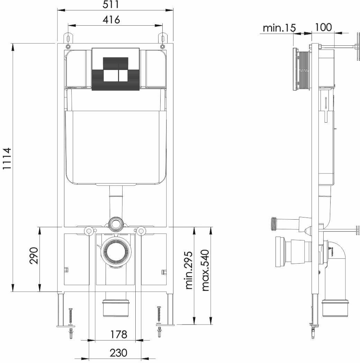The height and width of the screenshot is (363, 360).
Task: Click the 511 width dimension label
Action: coord(111,5)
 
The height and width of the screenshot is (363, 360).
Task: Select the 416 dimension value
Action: coord(111,20)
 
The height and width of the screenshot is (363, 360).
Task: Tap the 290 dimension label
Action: coord(34,256)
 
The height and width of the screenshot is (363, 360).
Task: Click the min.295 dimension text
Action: coord(189,270)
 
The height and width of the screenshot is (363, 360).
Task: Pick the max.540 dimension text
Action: coord(205,270)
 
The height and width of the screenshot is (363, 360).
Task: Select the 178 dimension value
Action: coord(118,334)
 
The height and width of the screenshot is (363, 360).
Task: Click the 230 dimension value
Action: coord(118,353)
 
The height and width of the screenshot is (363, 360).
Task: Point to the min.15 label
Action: coord(279,28)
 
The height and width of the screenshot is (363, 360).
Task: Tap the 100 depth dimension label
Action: coord(323,27)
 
